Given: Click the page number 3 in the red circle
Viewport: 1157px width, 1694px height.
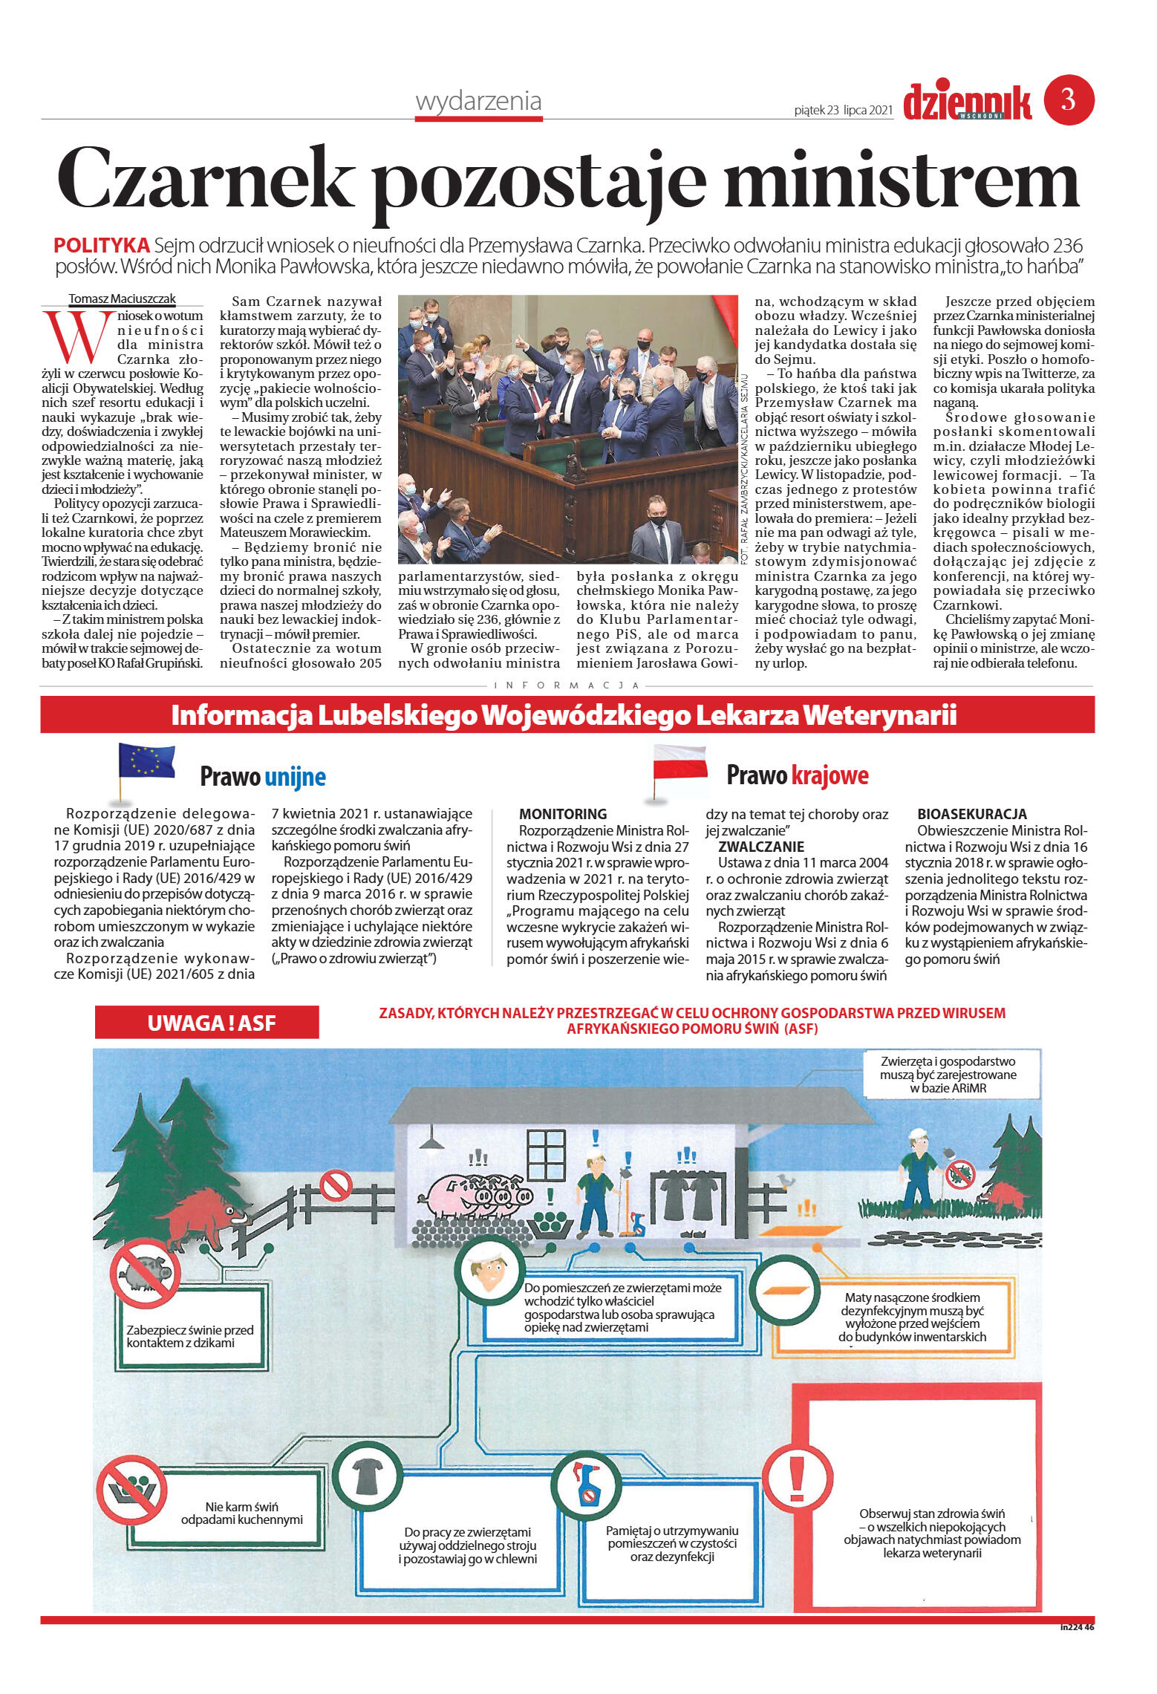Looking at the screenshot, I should tap(1068, 100).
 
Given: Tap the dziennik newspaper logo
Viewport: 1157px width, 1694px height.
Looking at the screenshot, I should tap(967, 102).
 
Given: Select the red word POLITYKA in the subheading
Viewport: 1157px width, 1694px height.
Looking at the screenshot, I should tap(102, 246).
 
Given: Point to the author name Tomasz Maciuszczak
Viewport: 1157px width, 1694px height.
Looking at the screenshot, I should tap(123, 299).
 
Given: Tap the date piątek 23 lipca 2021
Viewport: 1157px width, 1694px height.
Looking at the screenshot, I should tap(843, 110).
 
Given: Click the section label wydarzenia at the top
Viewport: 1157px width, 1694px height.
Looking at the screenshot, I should tap(478, 101).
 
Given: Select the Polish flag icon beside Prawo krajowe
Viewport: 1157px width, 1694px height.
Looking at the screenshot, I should tap(679, 764).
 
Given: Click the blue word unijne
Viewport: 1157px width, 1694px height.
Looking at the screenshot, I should tap(295, 777).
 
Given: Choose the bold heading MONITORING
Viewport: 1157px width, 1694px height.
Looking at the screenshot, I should tap(562, 814).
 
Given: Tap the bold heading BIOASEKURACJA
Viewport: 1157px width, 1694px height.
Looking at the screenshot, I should tap(971, 814).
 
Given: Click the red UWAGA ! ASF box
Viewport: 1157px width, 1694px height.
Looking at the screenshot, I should tap(207, 1023).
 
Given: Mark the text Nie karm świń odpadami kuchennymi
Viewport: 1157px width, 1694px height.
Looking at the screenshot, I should tap(241, 1513).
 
